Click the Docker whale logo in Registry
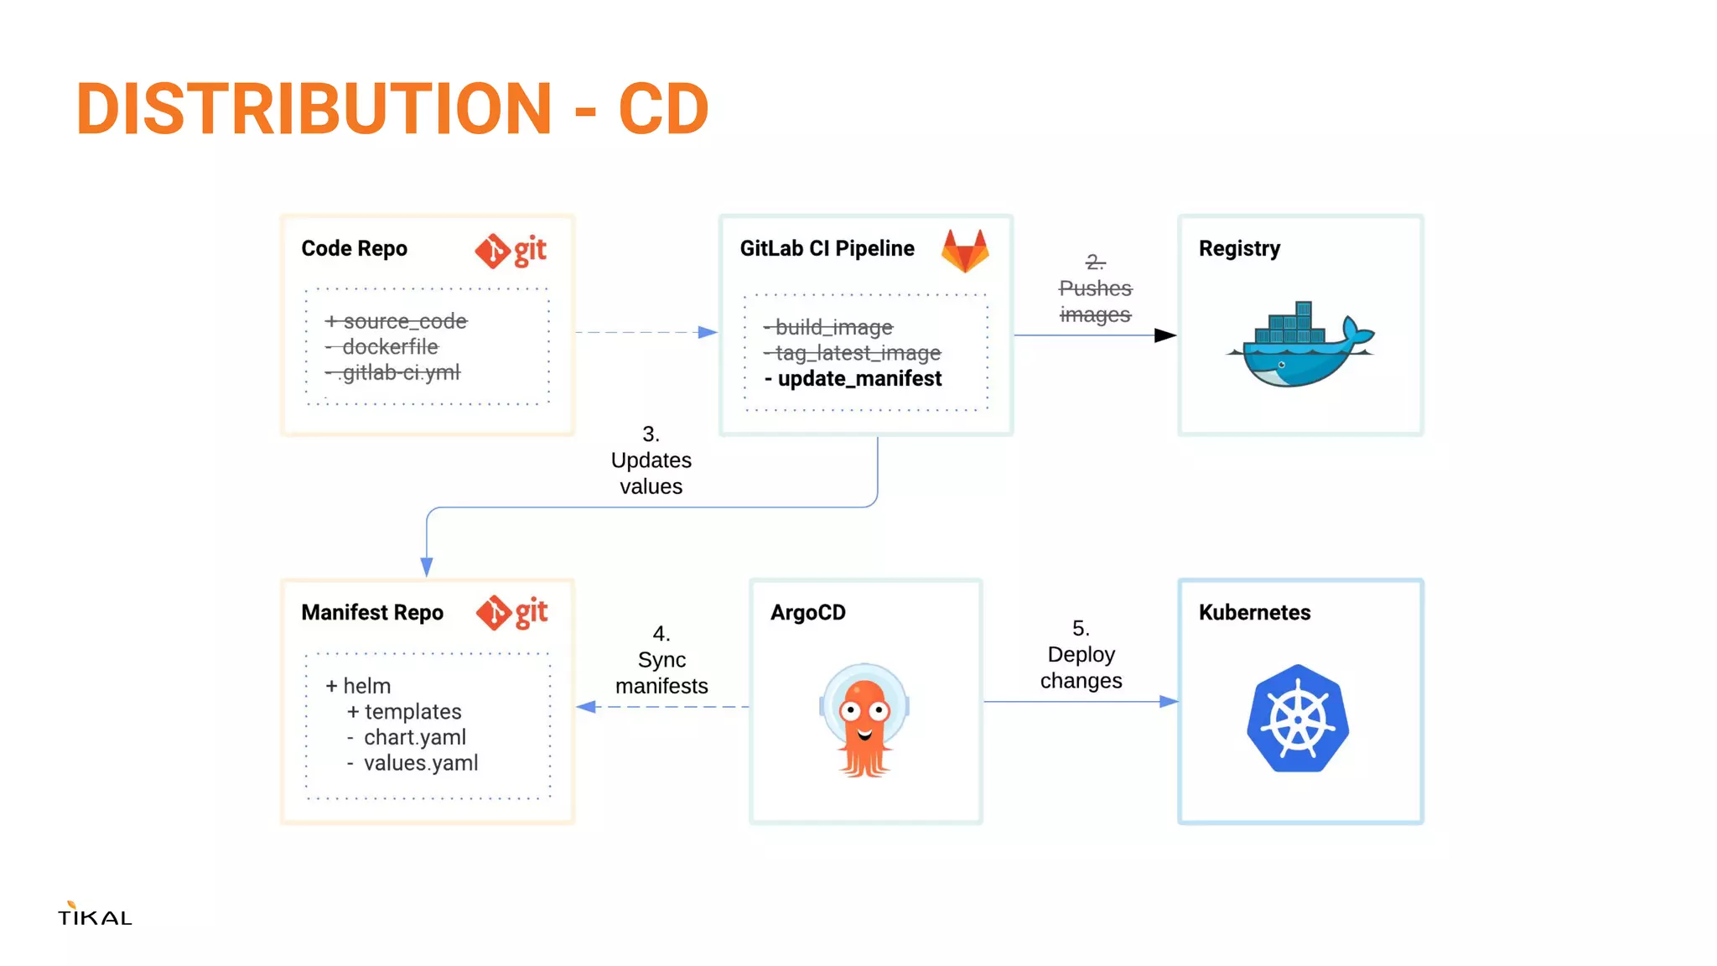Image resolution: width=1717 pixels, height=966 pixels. [1299, 345]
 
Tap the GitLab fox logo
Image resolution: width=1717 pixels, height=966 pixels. [965, 251]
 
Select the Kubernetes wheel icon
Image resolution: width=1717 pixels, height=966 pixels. [1298, 719]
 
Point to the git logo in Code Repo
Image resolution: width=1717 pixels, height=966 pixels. [511, 251]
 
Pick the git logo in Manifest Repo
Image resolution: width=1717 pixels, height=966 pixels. [511, 613]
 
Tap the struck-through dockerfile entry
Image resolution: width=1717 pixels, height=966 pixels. [389, 347]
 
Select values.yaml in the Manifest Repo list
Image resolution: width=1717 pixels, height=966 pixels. [420, 763]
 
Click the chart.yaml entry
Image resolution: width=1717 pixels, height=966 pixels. [414, 737]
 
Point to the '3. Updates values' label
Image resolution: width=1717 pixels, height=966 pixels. [651, 460]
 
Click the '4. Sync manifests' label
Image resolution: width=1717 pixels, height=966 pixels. [661, 660]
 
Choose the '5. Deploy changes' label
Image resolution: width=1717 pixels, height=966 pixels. [1081, 655]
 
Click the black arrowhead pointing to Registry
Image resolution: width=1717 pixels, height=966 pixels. [1165, 335]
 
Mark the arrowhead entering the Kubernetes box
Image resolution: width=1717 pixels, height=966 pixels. [1169, 701]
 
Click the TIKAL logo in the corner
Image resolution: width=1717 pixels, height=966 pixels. [95, 915]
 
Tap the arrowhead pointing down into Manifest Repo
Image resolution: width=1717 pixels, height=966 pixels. [427, 567]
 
